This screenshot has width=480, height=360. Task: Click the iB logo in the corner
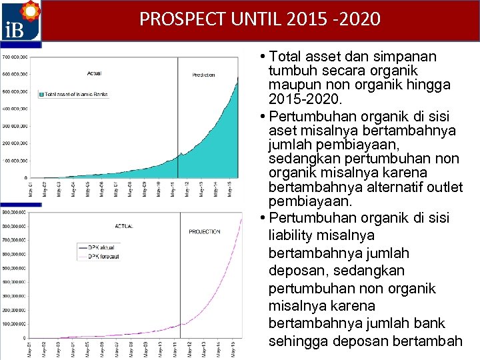tap(21, 21)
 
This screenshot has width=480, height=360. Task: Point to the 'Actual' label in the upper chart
tap(94, 73)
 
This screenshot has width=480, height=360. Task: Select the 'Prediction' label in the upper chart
tap(203, 75)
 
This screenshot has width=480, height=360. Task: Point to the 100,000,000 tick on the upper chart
tap(14, 161)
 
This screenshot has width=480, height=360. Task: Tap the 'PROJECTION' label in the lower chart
tap(204, 232)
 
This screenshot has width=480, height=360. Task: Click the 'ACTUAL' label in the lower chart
tap(124, 227)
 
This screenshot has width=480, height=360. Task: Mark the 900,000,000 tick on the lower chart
tap(14, 212)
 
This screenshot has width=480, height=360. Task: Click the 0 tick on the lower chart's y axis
tap(24, 339)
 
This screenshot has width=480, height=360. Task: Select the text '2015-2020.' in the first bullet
tap(305, 101)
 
